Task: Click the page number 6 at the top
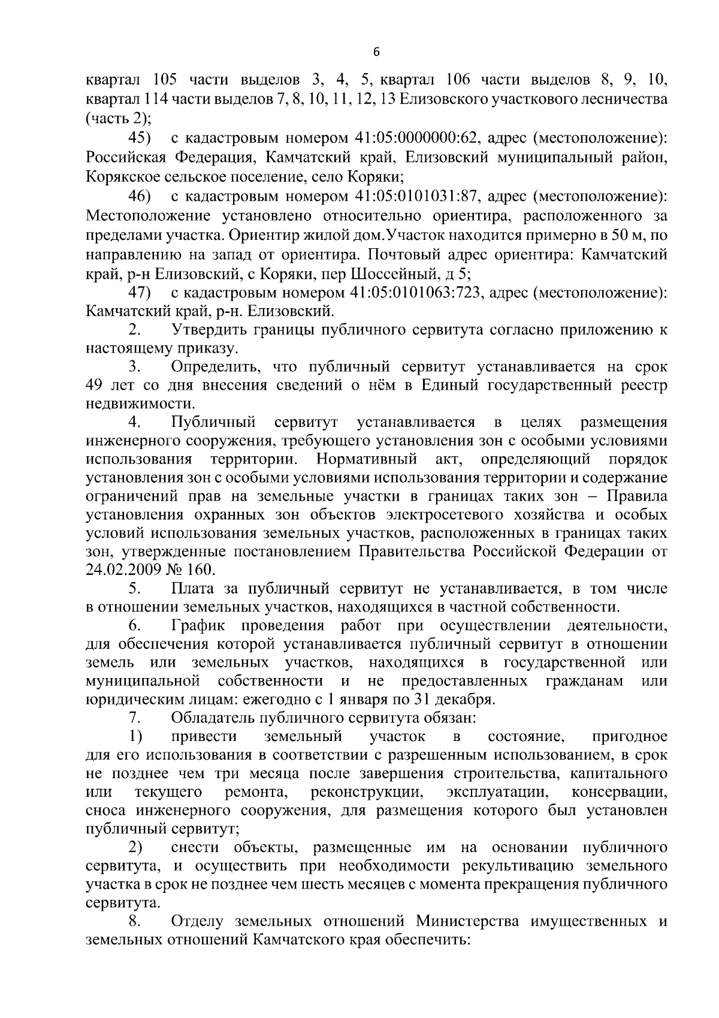376,52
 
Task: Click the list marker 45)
140,139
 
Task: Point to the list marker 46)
140,196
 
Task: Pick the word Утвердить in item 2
207,330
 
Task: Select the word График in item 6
198,627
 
